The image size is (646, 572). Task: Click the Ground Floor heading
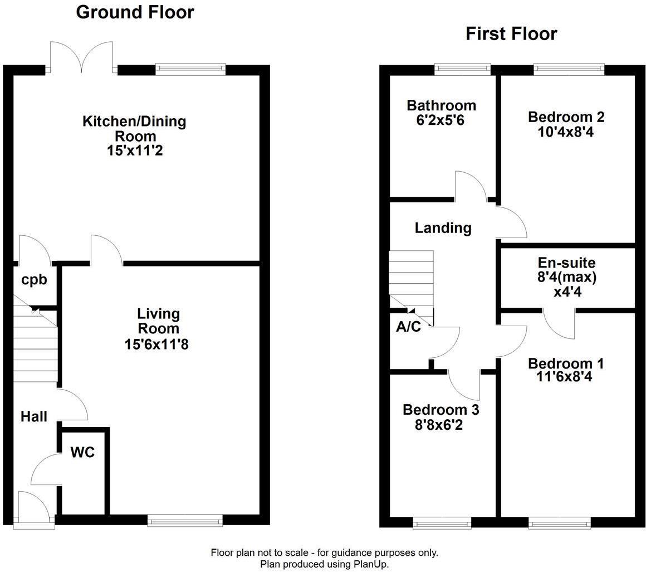(x=135, y=12)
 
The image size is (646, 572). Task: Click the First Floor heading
(x=511, y=34)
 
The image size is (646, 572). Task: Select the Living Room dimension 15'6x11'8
(x=157, y=345)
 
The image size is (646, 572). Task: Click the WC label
(x=82, y=452)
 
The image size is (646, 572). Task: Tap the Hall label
(x=34, y=416)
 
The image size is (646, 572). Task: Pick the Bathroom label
(x=441, y=105)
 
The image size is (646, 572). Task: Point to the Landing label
(x=443, y=227)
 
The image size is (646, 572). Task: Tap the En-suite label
(x=566, y=263)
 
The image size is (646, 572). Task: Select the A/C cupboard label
(x=408, y=327)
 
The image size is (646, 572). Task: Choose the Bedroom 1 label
(x=565, y=363)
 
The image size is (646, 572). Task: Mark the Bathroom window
(x=462, y=70)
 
